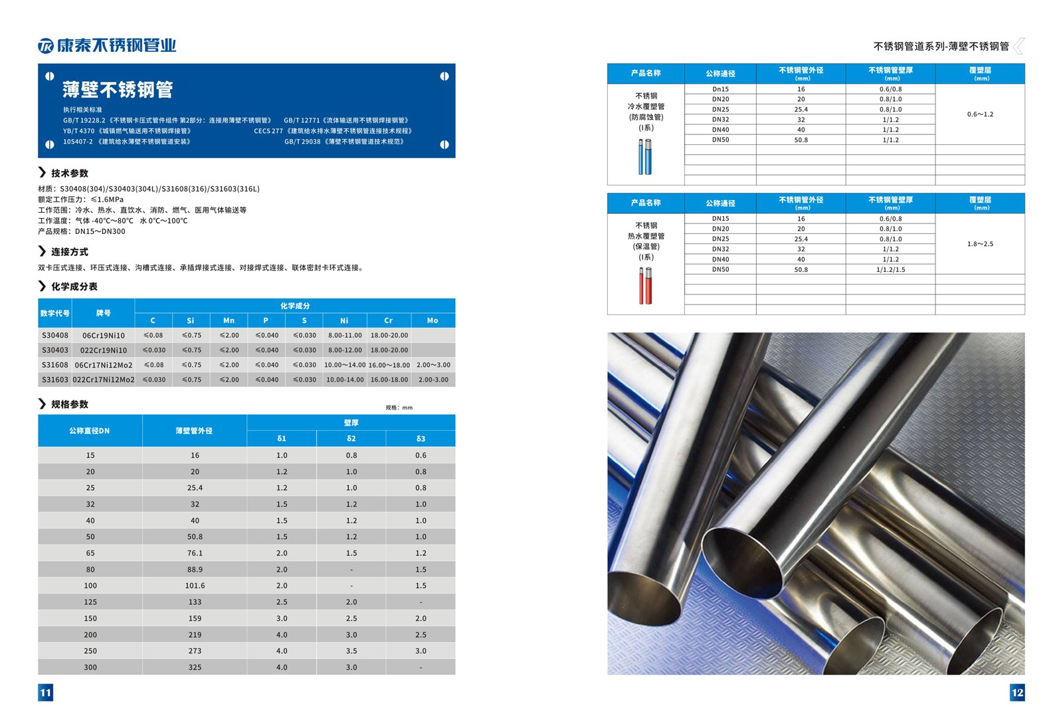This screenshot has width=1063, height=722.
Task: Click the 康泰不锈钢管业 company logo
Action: coord(107,45)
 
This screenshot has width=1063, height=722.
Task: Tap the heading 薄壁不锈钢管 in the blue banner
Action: coord(118,90)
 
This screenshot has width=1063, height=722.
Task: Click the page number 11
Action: coord(45,693)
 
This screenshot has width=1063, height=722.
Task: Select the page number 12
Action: coord(1017,693)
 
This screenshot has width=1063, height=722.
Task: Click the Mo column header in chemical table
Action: coord(433,320)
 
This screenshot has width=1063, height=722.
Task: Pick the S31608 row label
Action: coord(55,365)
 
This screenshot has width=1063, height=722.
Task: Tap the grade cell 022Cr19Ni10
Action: coord(104,350)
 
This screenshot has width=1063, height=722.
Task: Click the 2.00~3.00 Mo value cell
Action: coord(433,365)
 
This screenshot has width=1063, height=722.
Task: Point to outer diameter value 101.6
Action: coord(195,586)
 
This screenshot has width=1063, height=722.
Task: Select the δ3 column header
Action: coord(421,439)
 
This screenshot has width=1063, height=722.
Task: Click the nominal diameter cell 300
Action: coord(90,667)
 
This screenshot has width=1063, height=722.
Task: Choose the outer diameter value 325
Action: coord(195,667)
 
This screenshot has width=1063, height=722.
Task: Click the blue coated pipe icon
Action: coord(645,157)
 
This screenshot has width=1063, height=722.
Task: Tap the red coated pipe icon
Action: coord(645,286)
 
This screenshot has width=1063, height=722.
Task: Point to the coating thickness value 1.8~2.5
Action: coord(980,244)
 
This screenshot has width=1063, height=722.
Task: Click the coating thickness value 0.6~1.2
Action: coord(980,114)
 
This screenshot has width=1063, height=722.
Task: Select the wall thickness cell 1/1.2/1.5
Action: coord(890,270)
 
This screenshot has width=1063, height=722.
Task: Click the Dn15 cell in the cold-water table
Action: coord(720,89)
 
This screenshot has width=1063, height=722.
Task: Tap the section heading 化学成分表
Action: coord(74,287)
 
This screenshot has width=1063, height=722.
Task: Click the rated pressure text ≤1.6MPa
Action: coord(107,199)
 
